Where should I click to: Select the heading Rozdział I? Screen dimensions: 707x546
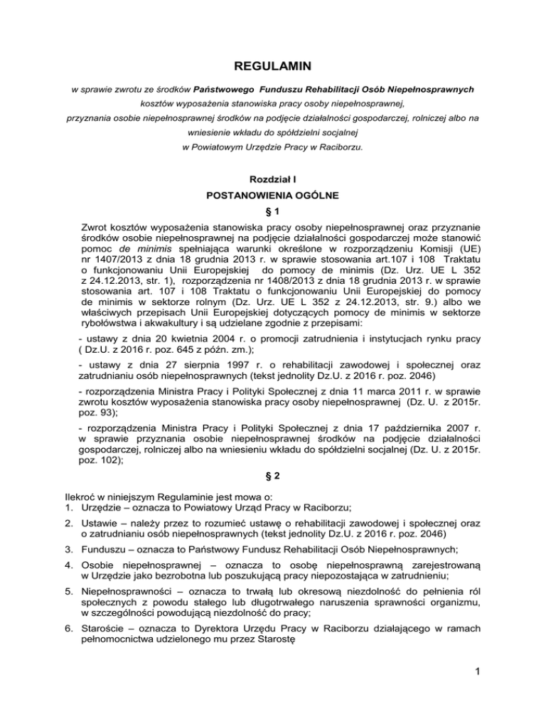(272, 174)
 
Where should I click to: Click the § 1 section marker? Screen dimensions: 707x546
(272, 212)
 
